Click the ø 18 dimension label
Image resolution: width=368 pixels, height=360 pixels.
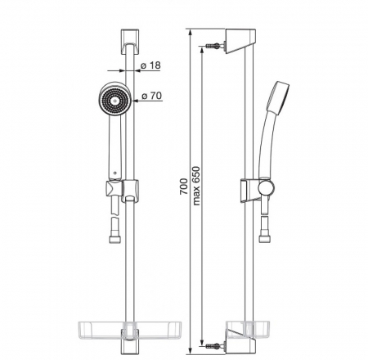[150, 65]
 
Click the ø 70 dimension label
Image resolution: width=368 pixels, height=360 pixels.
[151, 96]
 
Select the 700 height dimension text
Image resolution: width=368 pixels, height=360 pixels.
[184, 187]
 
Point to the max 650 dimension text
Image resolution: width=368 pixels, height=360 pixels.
[196, 186]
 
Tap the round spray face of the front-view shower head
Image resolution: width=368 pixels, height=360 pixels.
[114, 101]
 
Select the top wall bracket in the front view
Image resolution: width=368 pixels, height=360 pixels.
[129, 41]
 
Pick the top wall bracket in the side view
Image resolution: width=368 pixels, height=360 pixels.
[240, 41]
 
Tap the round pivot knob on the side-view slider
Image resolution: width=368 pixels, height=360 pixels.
[267, 187]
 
